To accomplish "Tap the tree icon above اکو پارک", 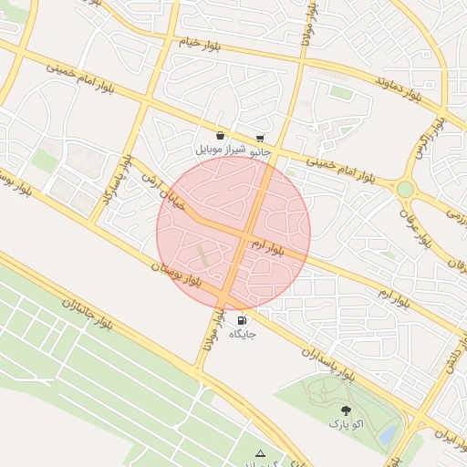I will pyautogui.click(x=345, y=410).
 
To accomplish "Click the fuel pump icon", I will pyautogui.click(x=242, y=320).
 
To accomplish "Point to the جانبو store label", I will pyautogui.click(x=261, y=151).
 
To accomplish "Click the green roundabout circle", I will pyautogui.click(x=405, y=189).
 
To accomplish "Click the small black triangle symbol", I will pyautogui.click(x=260, y=452).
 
